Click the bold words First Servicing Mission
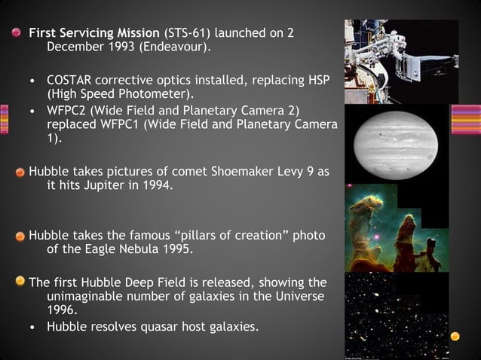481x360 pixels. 93,34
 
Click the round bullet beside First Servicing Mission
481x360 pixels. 17,34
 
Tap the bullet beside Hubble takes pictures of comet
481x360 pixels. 22,172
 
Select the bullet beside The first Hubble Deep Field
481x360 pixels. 22,282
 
